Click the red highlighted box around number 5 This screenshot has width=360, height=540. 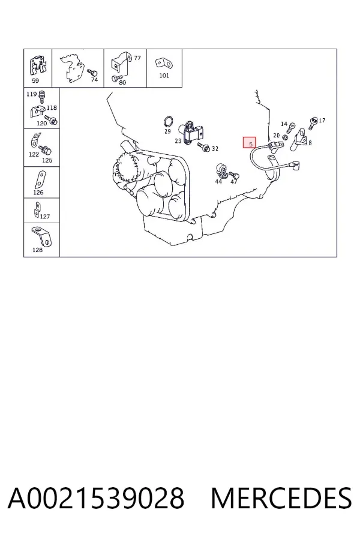(x=250, y=142)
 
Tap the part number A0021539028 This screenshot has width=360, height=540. (x=96, y=498)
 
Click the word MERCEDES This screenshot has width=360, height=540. (x=281, y=498)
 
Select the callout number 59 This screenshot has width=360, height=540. (x=35, y=81)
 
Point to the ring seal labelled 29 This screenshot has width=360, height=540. (x=168, y=122)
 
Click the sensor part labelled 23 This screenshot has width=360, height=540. (x=191, y=131)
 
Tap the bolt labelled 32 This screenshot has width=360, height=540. (x=203, y=147)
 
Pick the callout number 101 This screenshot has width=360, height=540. (x=164, y=76)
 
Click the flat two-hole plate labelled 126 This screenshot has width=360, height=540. (x=40, y=179)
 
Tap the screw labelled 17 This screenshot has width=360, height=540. (x=313, y=123)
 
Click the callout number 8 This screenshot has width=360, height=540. (x=310, y=142)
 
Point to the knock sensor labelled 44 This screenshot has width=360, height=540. (x=221, y=170)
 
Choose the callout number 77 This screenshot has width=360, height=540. (x=137, y=58)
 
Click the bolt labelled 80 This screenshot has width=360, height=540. (x=115, y=79)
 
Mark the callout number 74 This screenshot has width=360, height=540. (x=94, y=80)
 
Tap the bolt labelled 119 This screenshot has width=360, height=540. (x=41, y=97)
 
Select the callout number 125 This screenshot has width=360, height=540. (x=47, y=160)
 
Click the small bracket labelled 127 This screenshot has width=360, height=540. (x=37, y=210)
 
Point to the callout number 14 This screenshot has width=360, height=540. (x=284, y=124)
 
